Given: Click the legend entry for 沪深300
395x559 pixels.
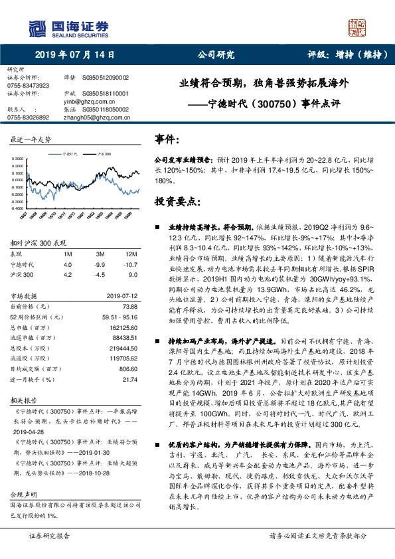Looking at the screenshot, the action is pos(104,153).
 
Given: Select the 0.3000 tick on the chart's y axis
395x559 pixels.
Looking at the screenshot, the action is pos(19,159).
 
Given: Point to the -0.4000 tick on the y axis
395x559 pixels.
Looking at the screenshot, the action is pos(19,208).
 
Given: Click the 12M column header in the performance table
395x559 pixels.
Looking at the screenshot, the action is pos(130,254).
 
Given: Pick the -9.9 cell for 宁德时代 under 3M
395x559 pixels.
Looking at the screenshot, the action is pos(100,264).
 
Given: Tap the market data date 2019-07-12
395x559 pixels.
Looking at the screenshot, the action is pos(121,297).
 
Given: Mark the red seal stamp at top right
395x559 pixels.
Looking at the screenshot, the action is pos(358,28).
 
